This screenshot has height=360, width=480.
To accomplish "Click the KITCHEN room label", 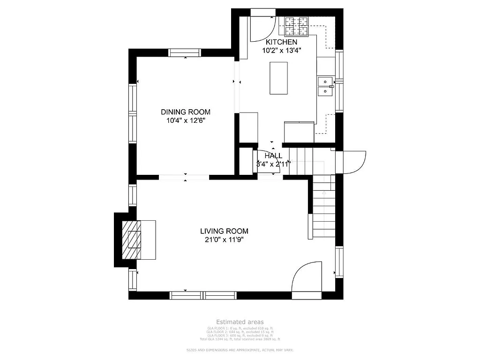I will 281,42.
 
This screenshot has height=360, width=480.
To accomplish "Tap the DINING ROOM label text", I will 186,112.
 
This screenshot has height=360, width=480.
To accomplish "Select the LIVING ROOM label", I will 224,231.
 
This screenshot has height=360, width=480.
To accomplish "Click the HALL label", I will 273,156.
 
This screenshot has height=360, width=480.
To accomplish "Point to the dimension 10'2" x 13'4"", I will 281,51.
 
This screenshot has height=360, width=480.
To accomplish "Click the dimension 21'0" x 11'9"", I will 224,240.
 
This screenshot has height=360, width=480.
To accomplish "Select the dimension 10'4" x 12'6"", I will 186,120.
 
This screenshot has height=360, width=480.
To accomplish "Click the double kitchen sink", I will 325,87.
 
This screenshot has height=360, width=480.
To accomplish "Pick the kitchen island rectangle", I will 278,78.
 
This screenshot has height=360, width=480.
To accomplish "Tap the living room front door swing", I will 307,280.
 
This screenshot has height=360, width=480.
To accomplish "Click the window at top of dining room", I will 185,52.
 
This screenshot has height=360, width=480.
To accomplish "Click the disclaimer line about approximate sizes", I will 240,350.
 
